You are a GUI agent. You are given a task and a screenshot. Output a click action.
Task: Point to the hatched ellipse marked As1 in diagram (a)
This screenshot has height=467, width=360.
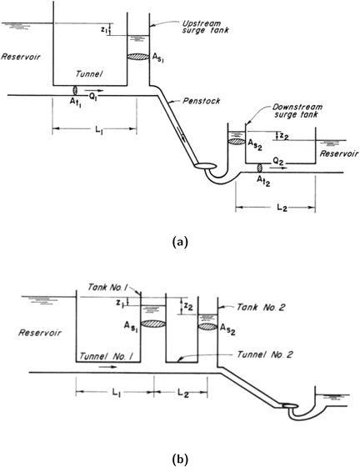[x=137, y=57]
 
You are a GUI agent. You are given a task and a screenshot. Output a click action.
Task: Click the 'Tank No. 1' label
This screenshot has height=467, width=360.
[x=106, y=288]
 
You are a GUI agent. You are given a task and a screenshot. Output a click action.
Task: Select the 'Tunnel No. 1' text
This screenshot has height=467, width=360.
[x=102, y=357]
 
